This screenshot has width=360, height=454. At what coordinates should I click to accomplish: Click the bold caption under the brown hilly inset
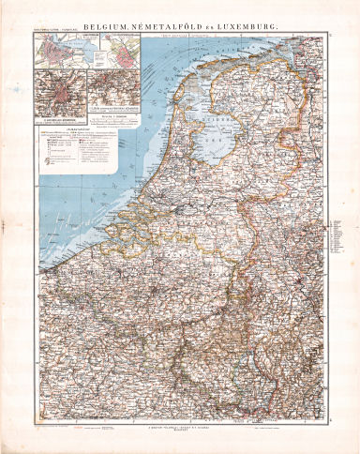(122, 111)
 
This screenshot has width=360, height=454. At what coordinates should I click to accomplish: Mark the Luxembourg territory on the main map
(247, 380)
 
